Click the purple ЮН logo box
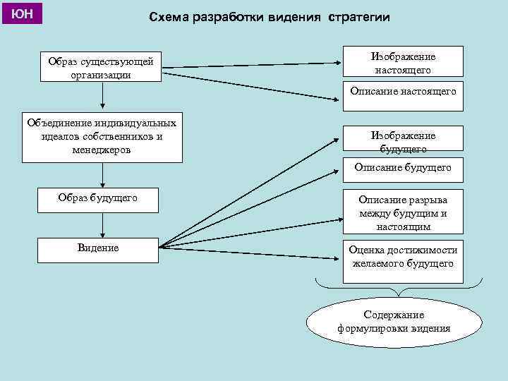click(23, 13)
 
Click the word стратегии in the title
click(358, 18)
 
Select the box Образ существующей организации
click(101, 68)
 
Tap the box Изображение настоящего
click(402, 62)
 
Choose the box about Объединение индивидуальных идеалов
click(101, 135)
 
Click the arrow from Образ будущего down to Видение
click(103, 224)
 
